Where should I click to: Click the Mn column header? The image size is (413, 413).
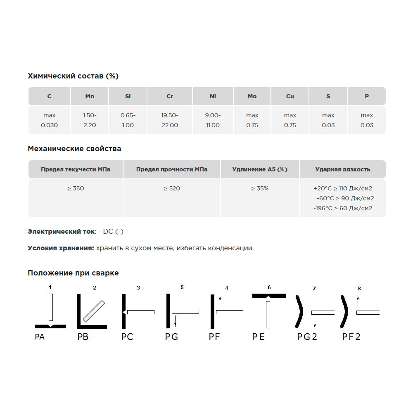90,96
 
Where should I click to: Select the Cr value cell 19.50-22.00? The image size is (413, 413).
170,120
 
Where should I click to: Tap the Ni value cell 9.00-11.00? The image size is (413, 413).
213,120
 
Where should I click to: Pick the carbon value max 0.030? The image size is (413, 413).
50,120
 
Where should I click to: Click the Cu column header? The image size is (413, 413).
290,96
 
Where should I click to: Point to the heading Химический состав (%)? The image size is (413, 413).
73,76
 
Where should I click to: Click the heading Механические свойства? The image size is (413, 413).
74,149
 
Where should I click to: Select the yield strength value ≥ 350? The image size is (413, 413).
76,188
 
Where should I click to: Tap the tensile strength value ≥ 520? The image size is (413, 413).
172,188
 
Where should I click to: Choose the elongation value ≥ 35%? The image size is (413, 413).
260,188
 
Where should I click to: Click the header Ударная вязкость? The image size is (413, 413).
342,169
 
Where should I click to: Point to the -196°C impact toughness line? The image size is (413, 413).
343,208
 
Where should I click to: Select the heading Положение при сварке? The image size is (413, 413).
73,273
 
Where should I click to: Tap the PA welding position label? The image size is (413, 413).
40,337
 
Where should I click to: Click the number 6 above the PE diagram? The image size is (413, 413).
269,287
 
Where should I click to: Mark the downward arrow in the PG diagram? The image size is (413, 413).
176,320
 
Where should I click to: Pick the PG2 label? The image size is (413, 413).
307,337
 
